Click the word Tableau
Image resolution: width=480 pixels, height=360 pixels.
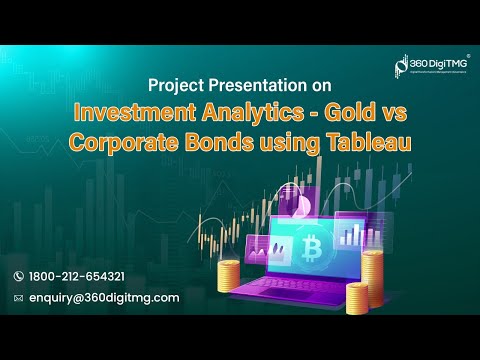364,142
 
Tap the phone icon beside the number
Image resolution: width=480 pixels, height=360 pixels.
18,276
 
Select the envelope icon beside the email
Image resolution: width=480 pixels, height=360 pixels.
18,298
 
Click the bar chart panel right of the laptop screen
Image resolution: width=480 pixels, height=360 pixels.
350,236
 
